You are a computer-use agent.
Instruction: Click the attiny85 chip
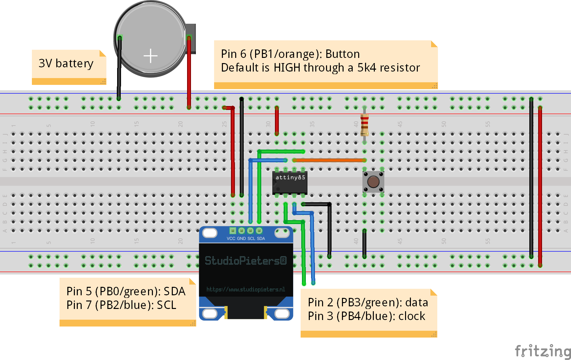coord(290,183)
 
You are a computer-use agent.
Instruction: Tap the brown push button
coord(373,182)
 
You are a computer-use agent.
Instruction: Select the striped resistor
coord(364,125)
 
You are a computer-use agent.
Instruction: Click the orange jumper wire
coord(329,160)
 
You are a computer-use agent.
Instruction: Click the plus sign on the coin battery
coord(151,56)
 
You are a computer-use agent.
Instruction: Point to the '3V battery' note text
coord(66,63)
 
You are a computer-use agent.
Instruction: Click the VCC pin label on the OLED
coord(231,238)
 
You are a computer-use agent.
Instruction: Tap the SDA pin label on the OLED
coord(261,238)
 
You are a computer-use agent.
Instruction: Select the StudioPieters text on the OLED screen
coord(246,260)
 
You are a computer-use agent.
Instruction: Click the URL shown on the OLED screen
coord(246,289)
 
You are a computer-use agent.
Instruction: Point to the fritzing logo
coord(543,351)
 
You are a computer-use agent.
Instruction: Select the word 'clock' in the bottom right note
coord(412,316)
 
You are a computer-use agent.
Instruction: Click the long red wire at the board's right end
coord(540,186)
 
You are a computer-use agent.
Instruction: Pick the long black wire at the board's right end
coord(531,178)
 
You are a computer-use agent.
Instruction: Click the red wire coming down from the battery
coord(189,73)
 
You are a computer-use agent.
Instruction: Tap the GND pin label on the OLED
coord(241,238)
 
